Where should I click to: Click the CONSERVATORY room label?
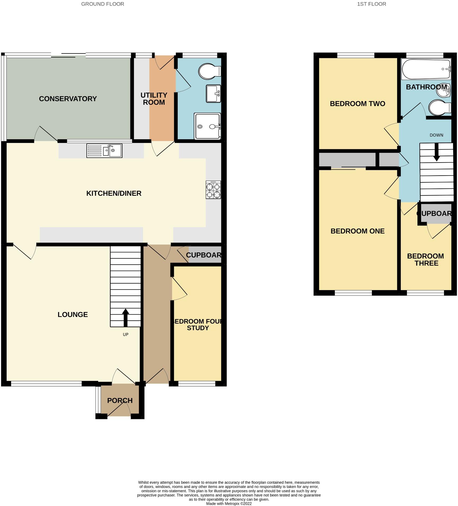tap(68, 99)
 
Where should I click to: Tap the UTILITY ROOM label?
tap(154, 99)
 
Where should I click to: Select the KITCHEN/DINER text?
tap(114, 193)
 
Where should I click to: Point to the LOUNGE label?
tap(73, 315)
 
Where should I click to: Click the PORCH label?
tap(120, 400)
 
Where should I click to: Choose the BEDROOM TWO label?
tap(357, 104)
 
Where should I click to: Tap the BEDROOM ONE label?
tap(357, 231)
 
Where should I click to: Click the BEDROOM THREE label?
tap(425, 260)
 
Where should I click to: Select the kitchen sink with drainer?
tap(104, 151)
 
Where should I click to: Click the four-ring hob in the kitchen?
tap(213, 190)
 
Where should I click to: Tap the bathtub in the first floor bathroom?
tap(426, 69)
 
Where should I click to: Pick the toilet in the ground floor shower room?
tap(209, 71)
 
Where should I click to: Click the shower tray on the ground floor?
tap(207, 126)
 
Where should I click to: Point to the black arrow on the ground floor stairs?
tap(125, 317)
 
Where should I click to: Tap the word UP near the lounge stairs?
tap(126, 335)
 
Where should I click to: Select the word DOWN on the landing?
tap(436, 135)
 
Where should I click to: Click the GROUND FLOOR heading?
tap(103, 4)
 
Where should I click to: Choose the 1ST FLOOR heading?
tap(371, 4)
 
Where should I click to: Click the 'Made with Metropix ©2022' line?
tap(229, 503)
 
